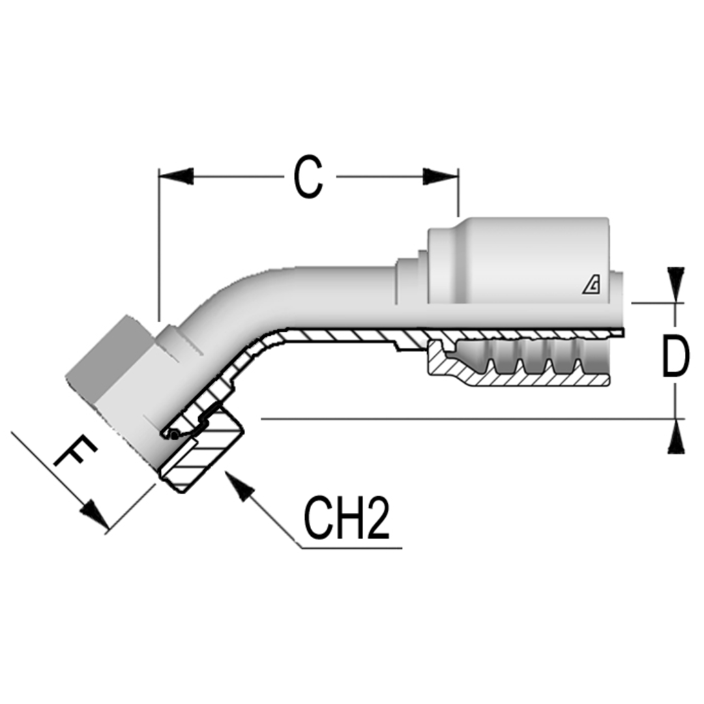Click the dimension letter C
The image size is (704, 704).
click(308, 177)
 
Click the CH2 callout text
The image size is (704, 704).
click(346, 520)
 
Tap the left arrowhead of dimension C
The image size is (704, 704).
click(176, 176)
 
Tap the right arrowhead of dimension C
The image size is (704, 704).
click(441, 176)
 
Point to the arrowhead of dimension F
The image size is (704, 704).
click(95, 515)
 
